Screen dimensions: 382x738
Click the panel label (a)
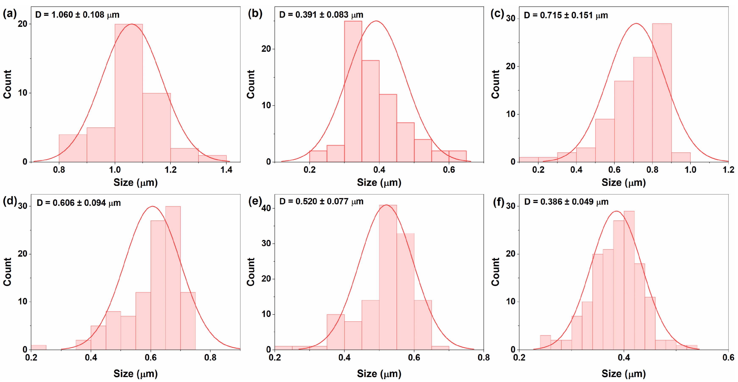[x=10, y=14]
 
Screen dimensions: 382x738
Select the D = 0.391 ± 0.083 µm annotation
[x=321, y=15]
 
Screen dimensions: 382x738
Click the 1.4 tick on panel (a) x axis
[x=226, y=170]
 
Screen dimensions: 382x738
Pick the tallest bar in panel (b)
[x=353, y=92]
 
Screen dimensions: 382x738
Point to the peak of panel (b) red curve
[x=376, y=21]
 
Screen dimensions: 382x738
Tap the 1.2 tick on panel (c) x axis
[x=728, y=170]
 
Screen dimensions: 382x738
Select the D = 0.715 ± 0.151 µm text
[x=566, y=15]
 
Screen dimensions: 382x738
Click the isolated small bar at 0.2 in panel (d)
[x=39, y=347]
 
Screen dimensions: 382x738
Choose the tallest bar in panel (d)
[x=173, y=277]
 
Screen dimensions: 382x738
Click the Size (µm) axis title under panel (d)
[x=136, y=373]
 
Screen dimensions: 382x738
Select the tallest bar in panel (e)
[x=388, y=277]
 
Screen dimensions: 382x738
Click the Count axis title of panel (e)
[x=251, y=272]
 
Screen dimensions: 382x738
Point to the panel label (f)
[x=498, y=202]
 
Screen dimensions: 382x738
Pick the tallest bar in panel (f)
[x=629, y=280]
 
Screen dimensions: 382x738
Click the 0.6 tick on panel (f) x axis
[x=728, y=357]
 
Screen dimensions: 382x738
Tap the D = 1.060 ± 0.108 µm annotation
[x=77, y=15]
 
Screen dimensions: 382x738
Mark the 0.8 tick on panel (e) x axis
[x=483, y=357]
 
